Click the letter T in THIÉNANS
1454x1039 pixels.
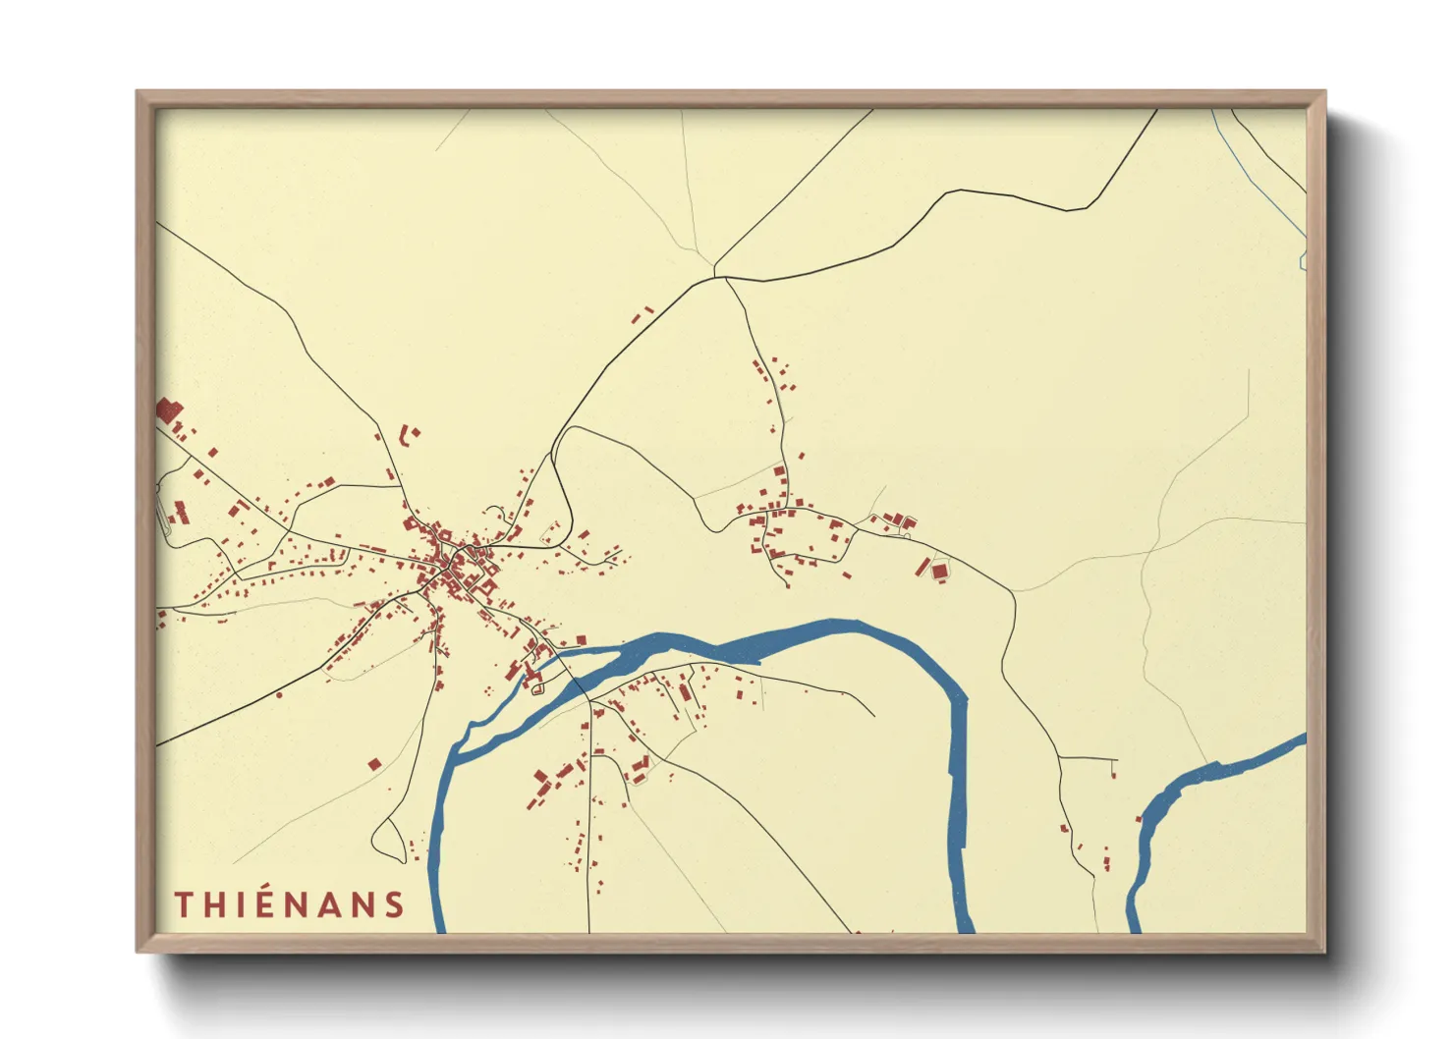183,904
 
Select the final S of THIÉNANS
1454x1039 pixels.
394,904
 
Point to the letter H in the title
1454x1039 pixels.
212,904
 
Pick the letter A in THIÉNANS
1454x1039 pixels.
329,904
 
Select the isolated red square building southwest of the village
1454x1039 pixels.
374,764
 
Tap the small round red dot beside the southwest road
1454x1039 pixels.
279,695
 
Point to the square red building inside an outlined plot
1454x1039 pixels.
939,571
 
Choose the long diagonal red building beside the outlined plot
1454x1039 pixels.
923,567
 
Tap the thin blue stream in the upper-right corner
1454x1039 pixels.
1262,177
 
